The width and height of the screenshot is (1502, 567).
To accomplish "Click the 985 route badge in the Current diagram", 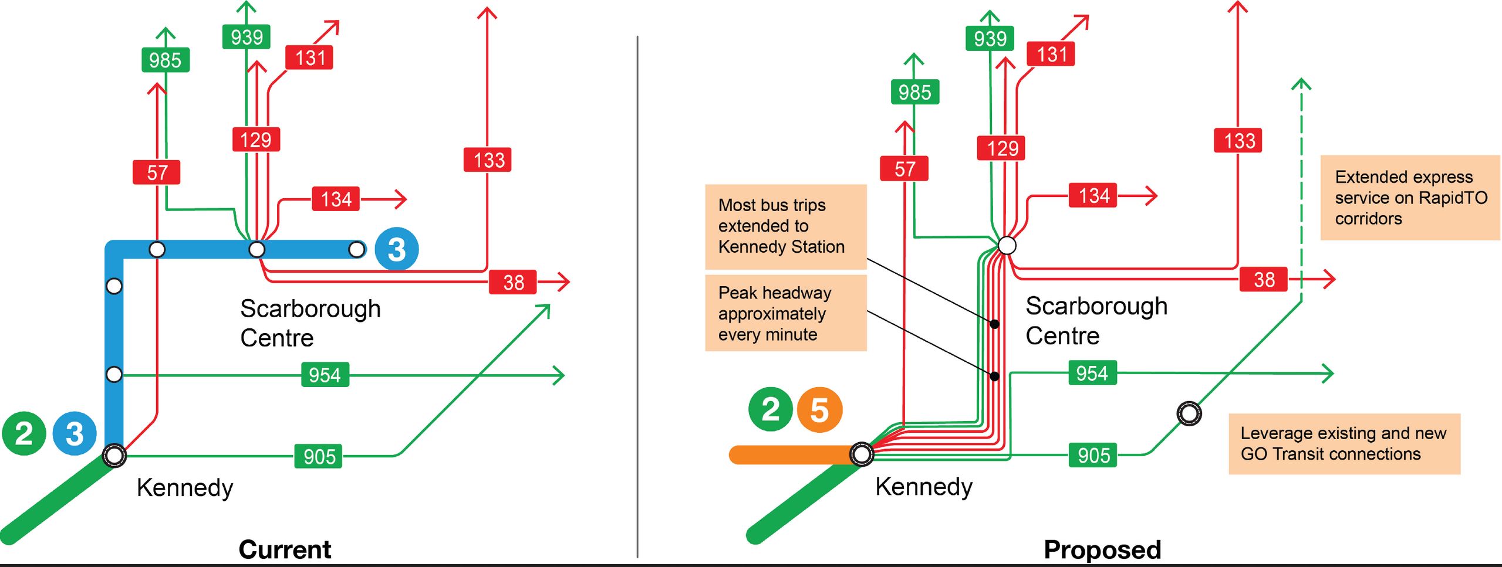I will click(166, 60).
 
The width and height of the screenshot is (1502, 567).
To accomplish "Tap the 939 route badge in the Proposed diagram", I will click(990, 39).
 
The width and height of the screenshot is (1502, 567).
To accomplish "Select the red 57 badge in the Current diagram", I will click(156, 172).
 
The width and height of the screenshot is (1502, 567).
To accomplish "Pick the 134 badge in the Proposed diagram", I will click(1093, 195).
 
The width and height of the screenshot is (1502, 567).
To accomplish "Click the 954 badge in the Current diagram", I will click(325, 375).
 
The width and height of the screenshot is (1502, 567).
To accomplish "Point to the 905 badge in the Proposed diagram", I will click(1093, 455).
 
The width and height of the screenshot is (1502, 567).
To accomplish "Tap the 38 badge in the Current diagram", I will click(513, 282).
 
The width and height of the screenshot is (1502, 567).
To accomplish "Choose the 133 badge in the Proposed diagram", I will click(1238, 141).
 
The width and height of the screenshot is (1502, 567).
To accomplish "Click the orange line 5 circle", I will click(819, 410).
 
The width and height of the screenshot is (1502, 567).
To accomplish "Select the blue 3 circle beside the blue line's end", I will click(397, 249).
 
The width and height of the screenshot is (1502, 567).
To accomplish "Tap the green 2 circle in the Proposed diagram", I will click(770, 409).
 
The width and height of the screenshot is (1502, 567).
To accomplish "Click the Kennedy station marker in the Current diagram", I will click(114, 455).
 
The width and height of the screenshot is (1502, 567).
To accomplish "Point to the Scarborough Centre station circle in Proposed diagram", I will click(1007, 245).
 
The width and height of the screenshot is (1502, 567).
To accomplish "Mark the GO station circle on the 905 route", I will click(1189, 413).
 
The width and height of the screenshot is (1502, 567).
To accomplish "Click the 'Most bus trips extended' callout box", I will click(785, 226).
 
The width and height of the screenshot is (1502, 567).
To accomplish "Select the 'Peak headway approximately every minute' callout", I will click(785, 313).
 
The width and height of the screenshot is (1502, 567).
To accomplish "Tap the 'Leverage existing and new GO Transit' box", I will click(1344, 443).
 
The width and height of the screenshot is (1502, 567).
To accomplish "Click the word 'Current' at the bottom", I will click(285, 549).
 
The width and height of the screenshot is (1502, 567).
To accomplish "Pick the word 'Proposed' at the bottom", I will click(1102, 549).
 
